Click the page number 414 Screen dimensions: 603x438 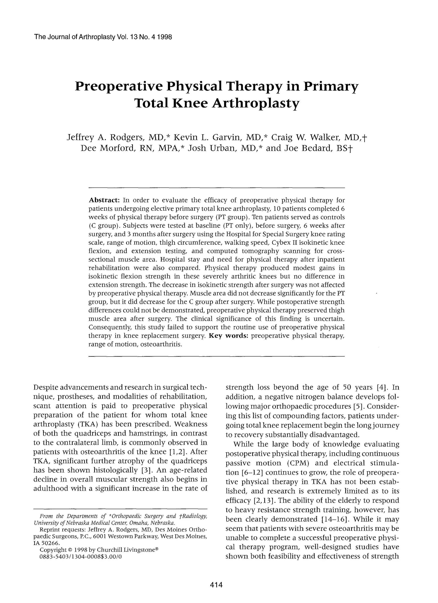click(216, 585)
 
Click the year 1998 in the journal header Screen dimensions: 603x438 click(165, 37)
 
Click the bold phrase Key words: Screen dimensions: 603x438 click(229, 336)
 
